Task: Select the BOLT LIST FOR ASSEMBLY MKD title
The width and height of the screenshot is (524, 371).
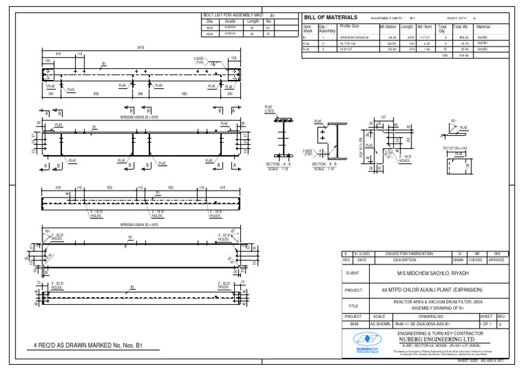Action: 233,14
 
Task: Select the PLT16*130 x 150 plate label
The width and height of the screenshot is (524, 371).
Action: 458,148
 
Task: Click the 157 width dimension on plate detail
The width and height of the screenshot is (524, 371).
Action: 383,117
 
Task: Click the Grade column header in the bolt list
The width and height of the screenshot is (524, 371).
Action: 230,21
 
